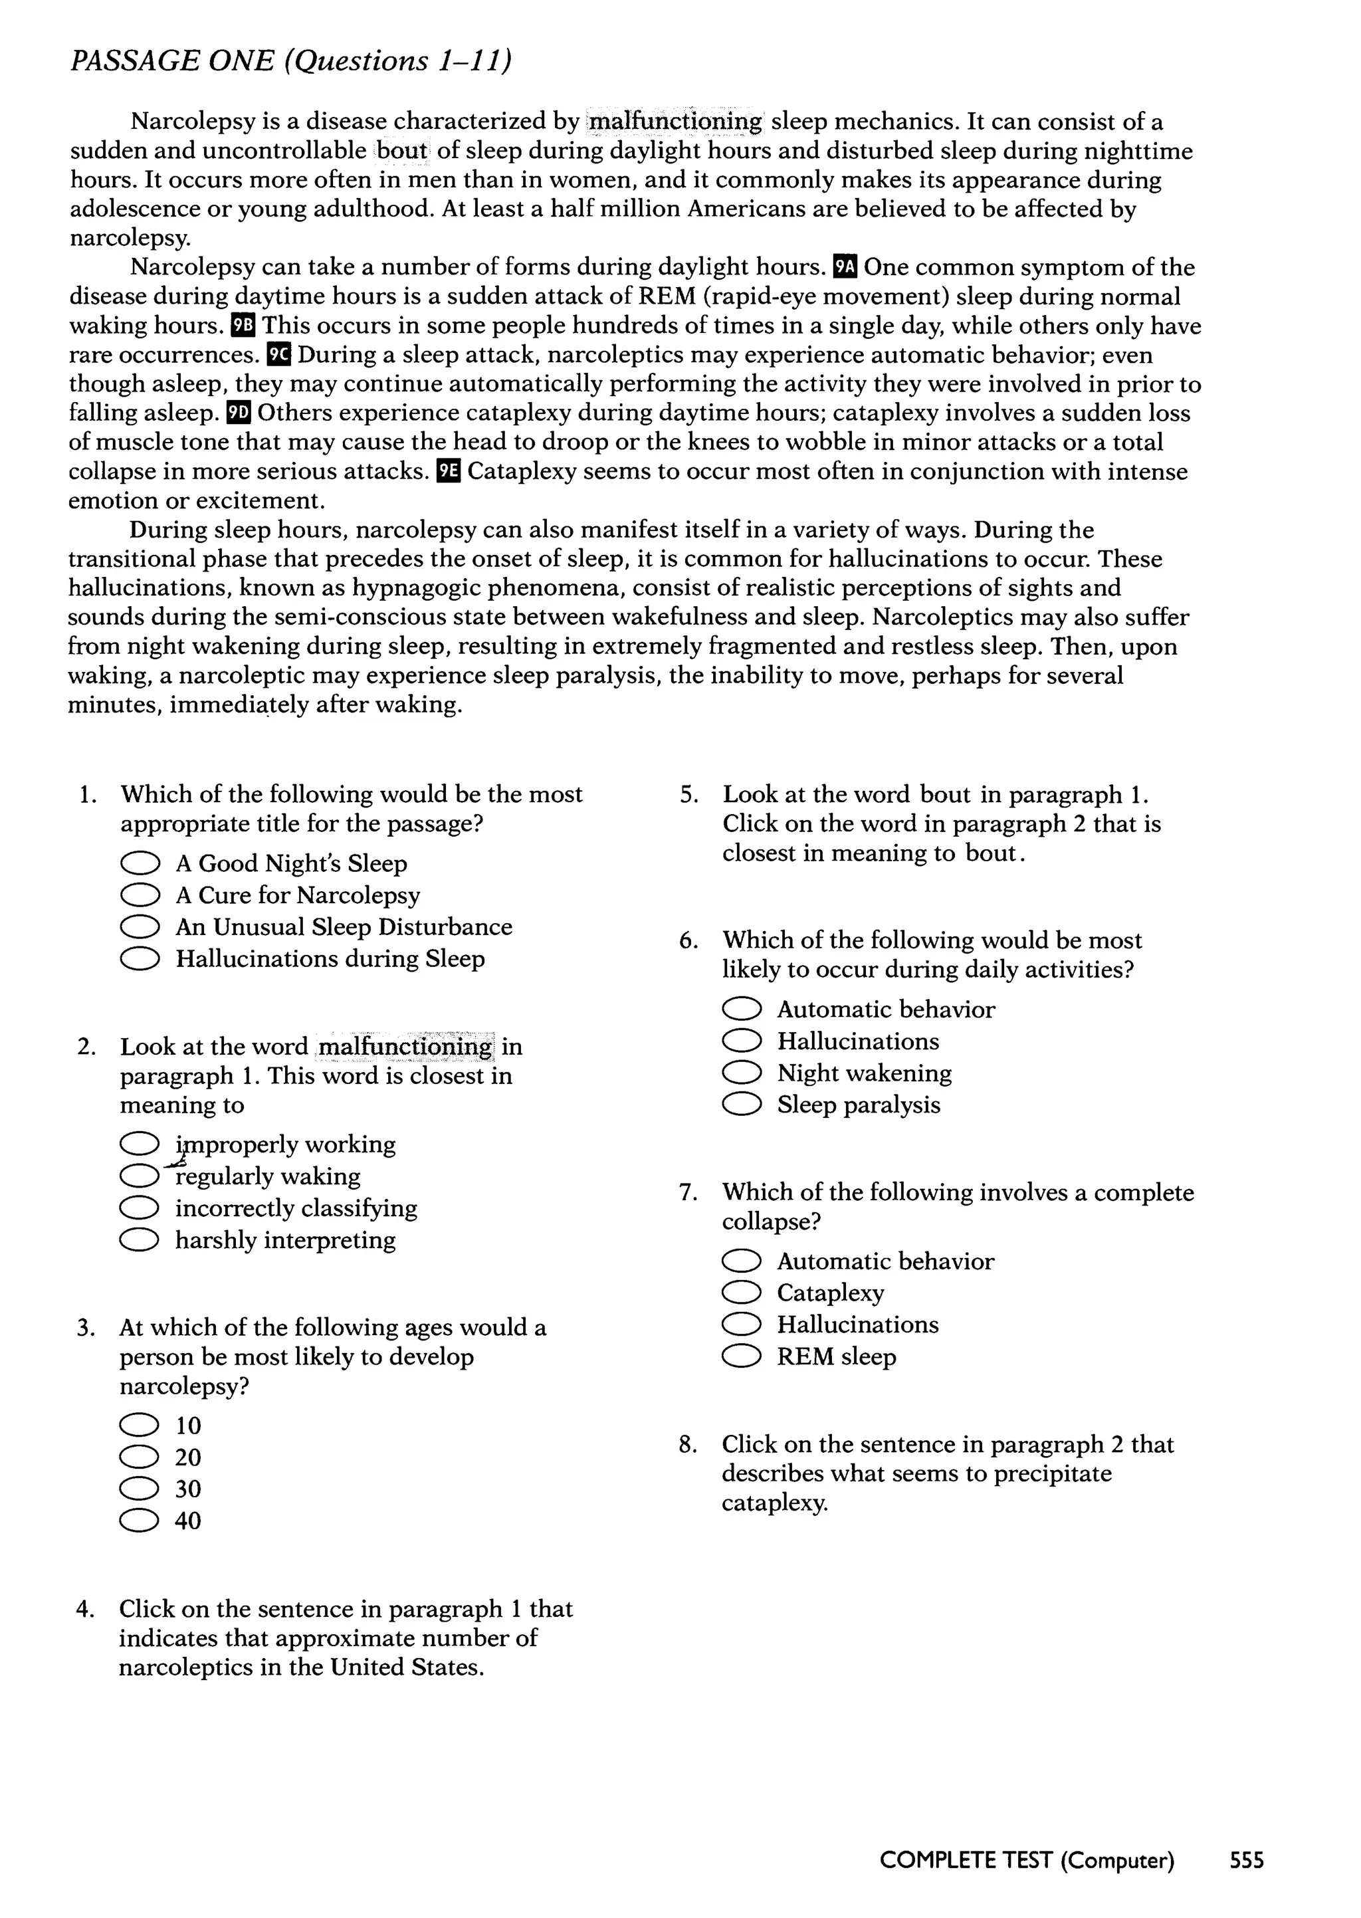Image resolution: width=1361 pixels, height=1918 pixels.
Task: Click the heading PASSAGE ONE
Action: tap(172, 61)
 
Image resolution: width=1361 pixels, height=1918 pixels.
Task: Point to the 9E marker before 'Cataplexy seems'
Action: tap(449, 471)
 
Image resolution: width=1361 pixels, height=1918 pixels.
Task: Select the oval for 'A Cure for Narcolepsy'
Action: tap(140, 896)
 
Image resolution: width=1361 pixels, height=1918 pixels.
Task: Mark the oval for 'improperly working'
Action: tap(140, 1144)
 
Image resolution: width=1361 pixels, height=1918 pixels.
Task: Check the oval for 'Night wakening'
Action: tap(742, 1073)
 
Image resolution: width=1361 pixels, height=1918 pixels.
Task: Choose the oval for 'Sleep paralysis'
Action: tap(742, 1105)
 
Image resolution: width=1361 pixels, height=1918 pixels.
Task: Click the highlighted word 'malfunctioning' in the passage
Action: tap(675, 122)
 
